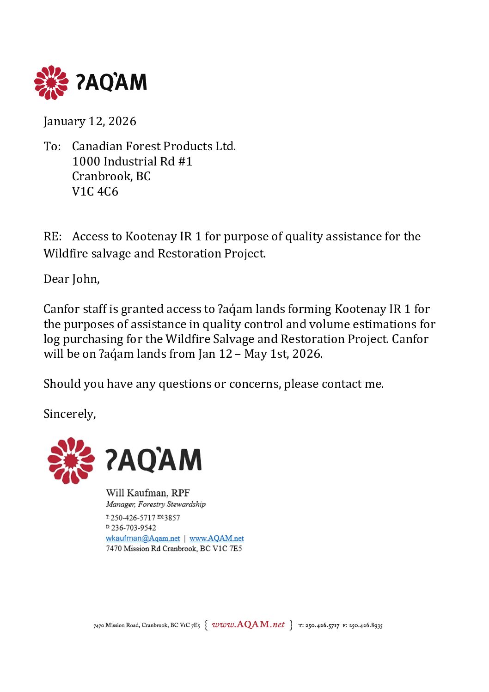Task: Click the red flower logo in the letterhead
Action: tap(51, 82)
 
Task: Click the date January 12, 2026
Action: tap(90, 121)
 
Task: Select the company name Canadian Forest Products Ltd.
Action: tap(153, 146)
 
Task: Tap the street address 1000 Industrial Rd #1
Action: tap(132, 161)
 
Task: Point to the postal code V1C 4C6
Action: tap(95, 191)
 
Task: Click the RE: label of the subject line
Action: tap(52, 236)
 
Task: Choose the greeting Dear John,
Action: tap(71, 279)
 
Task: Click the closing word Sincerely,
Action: tap(69, 414)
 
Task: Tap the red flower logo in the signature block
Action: tap(71, 460)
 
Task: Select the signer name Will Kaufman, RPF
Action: tap(147, 493)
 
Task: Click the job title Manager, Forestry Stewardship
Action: tap(155, 504)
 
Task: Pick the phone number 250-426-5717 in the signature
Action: tap(133, 518)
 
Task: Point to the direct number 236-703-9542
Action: tap(133, 528)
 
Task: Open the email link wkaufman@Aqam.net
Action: tap(142, 538)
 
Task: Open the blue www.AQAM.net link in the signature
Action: tap(216, 538)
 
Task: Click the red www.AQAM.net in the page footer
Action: tap(248, 625)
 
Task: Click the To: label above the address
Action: tap(52, 146)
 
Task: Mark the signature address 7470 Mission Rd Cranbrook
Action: tap(174, 549)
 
